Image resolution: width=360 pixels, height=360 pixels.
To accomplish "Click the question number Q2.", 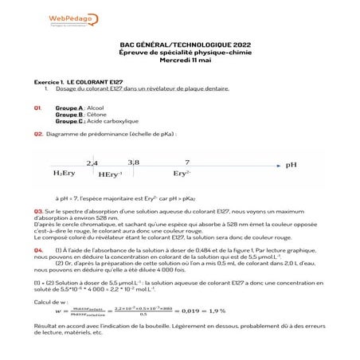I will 38,134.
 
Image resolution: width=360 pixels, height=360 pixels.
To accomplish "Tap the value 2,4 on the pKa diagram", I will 92,162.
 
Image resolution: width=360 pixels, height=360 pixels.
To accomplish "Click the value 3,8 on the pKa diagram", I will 133,162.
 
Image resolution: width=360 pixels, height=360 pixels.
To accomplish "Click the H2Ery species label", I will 65,173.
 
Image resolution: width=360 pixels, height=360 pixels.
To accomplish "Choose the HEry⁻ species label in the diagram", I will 111,174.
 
